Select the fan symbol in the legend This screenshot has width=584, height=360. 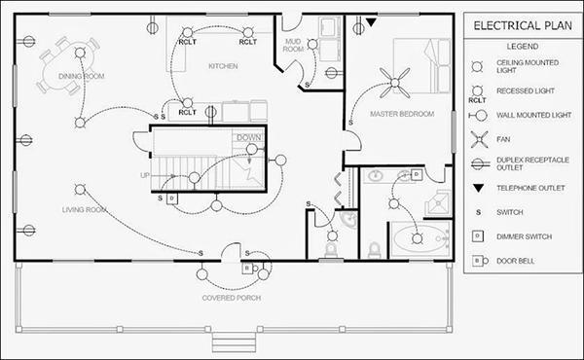478,138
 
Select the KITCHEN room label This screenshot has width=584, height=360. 224,66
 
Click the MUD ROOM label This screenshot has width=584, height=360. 292,46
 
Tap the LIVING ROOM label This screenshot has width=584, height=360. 84,208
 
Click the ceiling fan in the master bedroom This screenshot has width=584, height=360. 396,84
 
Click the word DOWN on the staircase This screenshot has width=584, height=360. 247,137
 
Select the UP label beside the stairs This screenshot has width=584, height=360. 145,176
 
